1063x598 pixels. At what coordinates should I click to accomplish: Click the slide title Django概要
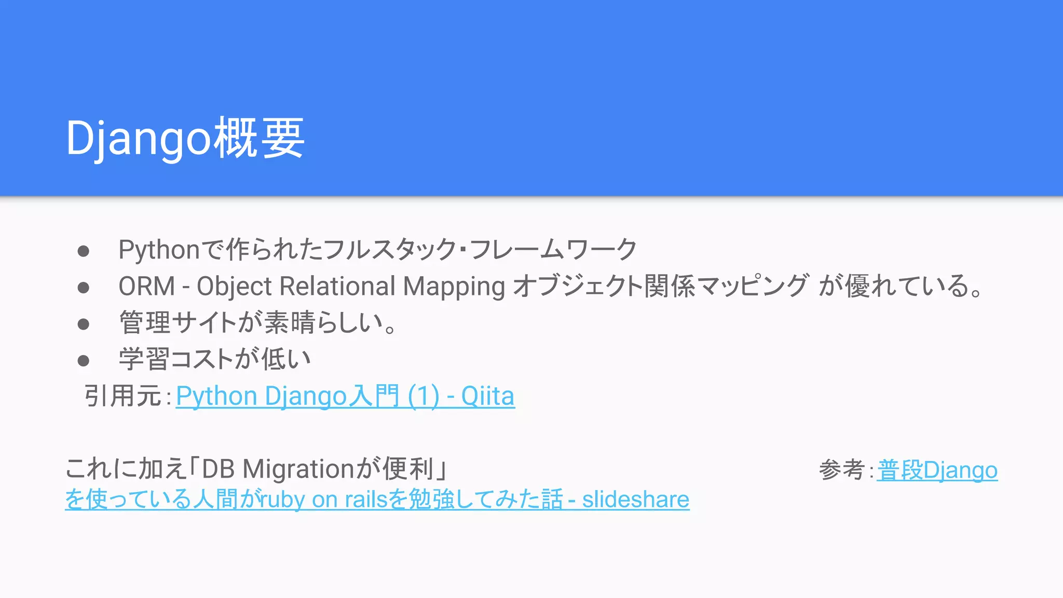pyautogui.click(x=185, y=138)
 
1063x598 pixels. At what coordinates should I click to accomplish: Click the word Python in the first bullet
pyautogui.click(x=159, y=250)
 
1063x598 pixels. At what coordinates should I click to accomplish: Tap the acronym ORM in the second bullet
pyautogui.click(x=147, y=287)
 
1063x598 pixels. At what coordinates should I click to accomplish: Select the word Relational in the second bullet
pyautogui.click(x=337, y=287)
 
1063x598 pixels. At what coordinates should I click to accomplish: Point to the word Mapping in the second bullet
pyautogui.click(x=454, y=287)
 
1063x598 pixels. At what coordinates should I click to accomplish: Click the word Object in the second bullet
pyautogui.click(x=234, y=287)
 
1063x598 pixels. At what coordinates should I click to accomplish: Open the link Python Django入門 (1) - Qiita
pyautogui.click(x=345, y=397)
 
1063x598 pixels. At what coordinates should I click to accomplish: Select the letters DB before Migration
pyautogui.click(x=218, y=469)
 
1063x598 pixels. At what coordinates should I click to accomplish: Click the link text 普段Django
pyautogui.click(x=937, y=470)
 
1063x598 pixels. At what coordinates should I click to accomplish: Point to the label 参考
pyautogui.click(x=841, y=470)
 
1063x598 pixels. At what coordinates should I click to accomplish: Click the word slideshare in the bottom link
pyautogui.click(x=635, y=499)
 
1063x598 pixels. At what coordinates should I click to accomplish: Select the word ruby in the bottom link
pyautogui.click(x=283, y=499)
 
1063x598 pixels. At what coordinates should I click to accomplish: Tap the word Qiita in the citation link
pyautogui.click(x=487, y=397)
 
